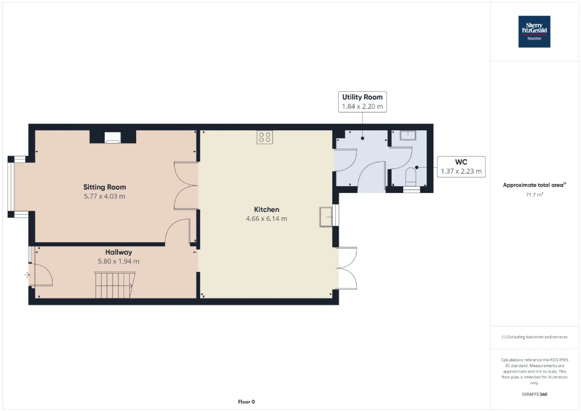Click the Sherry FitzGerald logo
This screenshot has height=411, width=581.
pos(534,32)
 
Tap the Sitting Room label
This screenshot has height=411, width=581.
pos(104,187)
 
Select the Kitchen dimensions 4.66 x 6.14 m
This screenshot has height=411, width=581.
pos(266,219)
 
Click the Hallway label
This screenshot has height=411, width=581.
pos(118,252)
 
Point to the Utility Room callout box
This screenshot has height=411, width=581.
pos(362,102)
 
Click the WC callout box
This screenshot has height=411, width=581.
pos(461,167)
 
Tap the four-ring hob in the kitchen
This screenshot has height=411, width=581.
pos(265,137)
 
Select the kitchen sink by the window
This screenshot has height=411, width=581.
pos(326,217)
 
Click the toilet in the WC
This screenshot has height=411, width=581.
pos(411,177)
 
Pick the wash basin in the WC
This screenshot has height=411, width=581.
pos(408,135)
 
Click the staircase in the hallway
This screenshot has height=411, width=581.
pos(115,285)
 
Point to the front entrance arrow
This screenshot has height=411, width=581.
pos(27,275)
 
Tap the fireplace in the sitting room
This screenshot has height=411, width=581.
pos(113,137)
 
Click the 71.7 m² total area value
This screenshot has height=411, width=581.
pos(534,195)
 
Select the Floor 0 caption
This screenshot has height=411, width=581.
pos(246,401)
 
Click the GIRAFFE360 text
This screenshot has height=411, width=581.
pos(534,394)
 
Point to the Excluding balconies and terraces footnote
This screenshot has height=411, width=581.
pos(534,337)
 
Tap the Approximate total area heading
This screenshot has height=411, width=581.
pos(534,185)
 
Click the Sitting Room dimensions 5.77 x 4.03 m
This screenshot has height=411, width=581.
pos(104,197)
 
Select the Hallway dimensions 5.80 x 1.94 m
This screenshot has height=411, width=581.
pos(118,261)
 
